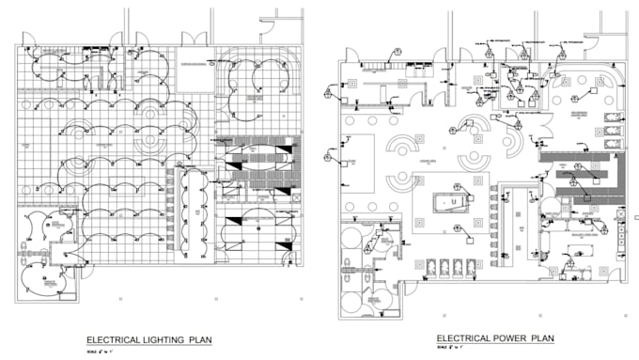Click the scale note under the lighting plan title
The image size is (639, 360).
click(x=99, y=352)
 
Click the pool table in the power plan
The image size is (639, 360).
click(x=452, y=203)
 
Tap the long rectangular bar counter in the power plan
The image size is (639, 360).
click(x=516, y=226)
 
